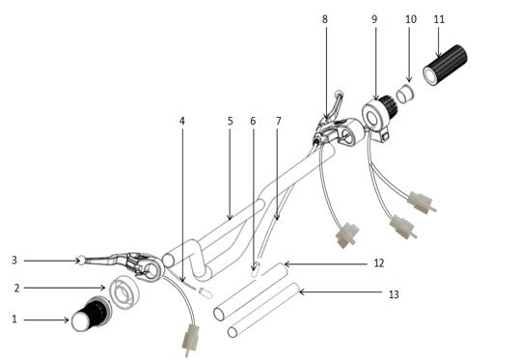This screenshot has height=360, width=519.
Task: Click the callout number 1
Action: (x=14, y=318)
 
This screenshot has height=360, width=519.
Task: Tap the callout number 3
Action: (x=14, y=260)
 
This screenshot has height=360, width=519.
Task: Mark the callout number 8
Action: (x=324, y=18)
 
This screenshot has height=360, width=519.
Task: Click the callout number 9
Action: (x=374, y=18)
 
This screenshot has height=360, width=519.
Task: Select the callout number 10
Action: (x=410, y=18)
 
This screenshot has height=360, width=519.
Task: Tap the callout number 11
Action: (x=439, y=18)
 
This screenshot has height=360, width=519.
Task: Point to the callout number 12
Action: (x=377, y=263)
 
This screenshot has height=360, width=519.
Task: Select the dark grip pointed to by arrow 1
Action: (x=92, y=316)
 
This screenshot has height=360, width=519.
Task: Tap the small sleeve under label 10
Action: (x=407, y=95)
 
